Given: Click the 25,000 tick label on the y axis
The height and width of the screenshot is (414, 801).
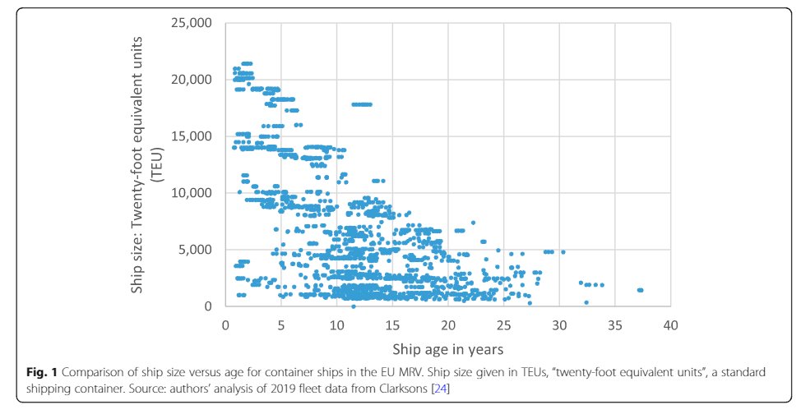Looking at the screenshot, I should pos(191,23).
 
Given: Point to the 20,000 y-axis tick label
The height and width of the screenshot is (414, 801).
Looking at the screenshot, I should pos(191,80).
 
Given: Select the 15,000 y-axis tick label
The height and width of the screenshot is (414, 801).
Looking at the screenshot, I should pos(191,136).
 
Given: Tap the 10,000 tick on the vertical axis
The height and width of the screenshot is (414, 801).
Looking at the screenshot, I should pos(191,193).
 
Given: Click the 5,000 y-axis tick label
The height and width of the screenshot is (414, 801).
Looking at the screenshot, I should pos(195,250).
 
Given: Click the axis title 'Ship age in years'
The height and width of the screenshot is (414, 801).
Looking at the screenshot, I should pos(447,347).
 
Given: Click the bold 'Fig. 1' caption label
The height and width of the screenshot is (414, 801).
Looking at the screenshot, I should pos(40,372).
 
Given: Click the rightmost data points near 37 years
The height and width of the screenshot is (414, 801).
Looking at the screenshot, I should pos(640,290).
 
